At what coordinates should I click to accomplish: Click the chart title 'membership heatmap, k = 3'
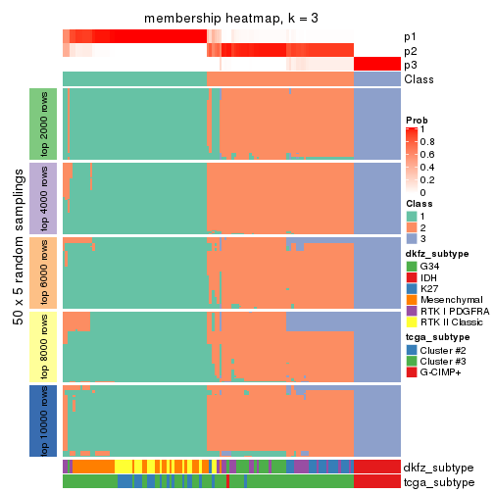pyautogui.click(x=231, y=19)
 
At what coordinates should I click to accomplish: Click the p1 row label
pyautogui.click(x=410, y=37)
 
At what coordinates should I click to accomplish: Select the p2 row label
pyautogui.click(x=410, y=51)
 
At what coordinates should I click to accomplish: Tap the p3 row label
pyautogui.click(x=410, y=65)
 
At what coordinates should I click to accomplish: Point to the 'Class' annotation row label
pyautogui.click(x=420, y=79)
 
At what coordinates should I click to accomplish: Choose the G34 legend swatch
pyautogui.click(x=412, y=266)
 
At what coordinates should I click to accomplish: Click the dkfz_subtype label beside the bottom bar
pyautogui.click(x=438, y=467)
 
